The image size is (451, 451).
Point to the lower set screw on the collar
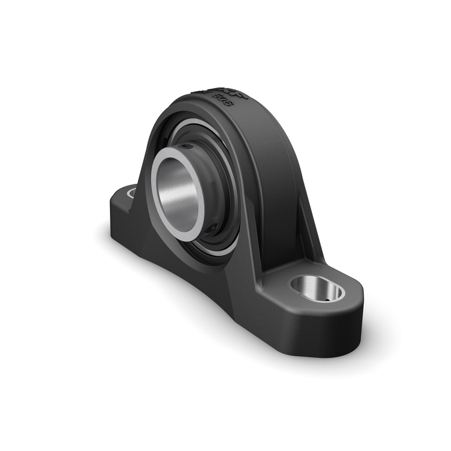coord(210,229)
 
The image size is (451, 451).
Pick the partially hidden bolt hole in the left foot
coord(131,193)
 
